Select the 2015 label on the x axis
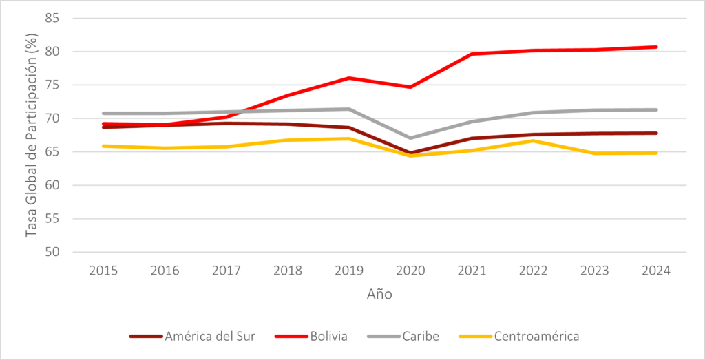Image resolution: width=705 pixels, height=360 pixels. pyautogui.click(x=103, y=270)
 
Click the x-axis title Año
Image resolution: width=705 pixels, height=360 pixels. pyautogui.click(x=379, y=294)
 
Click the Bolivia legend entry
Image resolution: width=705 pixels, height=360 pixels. pyautogui.click(x=327, y=337)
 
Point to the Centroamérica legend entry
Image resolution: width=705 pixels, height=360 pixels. pyautogui.click(x=536, y=337)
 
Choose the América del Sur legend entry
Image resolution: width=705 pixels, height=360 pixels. pyautogui.click(x=210, y=337)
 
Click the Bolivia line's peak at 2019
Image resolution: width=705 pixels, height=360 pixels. pyautogui.click(x=349, y=78)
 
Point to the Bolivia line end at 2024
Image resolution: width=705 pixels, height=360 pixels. pyautogui.click(x=656, y=47)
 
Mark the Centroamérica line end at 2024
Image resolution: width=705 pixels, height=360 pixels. pyautogui.click(x=656, y=153)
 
